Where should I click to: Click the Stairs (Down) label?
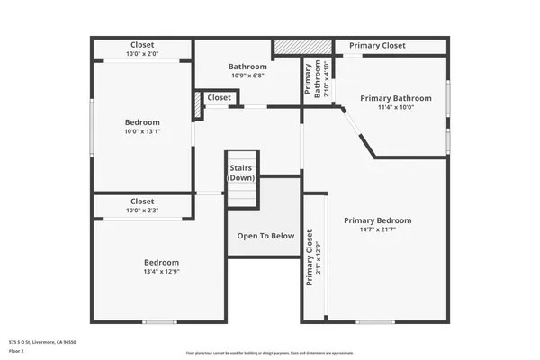pos(241,173)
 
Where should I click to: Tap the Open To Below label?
pos(265,236)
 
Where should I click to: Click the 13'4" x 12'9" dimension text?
pos(161,272)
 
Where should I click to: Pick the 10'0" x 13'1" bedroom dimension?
pos(142,131)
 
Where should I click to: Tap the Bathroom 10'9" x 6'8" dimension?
pos(247,76)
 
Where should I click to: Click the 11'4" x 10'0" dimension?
pos(396,107)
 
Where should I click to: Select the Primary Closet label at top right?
pos(377,46)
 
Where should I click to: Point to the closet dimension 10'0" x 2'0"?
pos(142,54)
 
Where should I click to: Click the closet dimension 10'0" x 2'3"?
pos(142,211)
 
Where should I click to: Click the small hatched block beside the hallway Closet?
pos(197,104)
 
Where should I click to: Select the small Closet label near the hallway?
pos(219,98)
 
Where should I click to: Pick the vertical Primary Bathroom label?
pos(308,79)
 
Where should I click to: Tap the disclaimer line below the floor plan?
pos(269,352)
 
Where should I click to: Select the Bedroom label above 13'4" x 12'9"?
pos(161,262)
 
